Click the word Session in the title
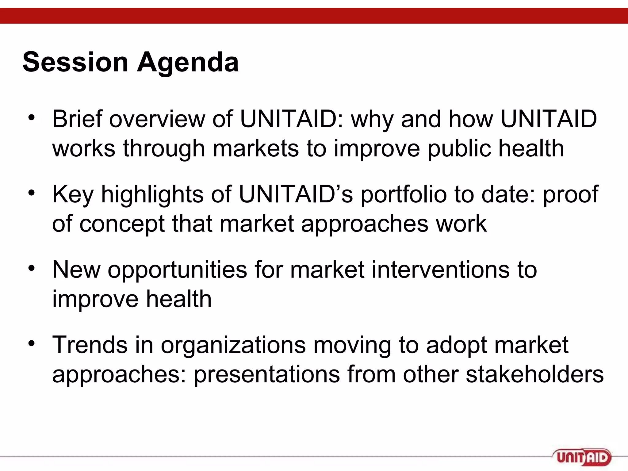75,62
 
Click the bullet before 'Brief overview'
32,118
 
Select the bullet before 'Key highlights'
32,193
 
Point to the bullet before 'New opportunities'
32,268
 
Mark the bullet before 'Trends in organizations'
32,343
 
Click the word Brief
77,119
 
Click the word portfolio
403,194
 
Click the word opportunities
177,270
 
